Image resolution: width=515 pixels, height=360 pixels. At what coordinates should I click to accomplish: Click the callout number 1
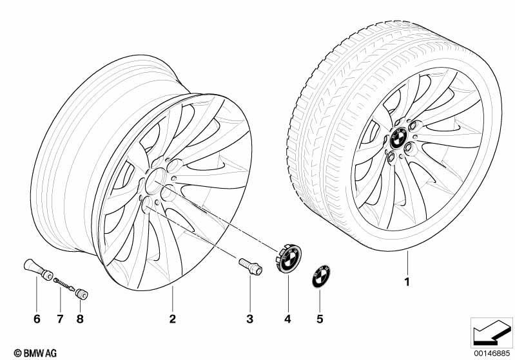[x=407, y=282]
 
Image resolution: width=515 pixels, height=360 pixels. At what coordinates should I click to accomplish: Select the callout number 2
[x=173, y=319]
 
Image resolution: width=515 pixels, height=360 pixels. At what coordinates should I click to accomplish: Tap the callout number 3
[x=250, y=319]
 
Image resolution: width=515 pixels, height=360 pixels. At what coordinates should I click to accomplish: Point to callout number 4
[x=287, y=319]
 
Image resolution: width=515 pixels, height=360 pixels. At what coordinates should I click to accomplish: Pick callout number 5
[x=320, y=319]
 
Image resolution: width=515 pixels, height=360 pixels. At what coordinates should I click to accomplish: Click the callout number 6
[x=37, y=319]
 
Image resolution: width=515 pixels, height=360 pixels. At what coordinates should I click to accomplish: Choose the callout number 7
[x=60, y=319]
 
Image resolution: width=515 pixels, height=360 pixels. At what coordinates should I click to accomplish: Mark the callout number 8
[x=80, y=319]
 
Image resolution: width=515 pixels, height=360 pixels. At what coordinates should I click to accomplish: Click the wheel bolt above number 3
[x=250, y=267]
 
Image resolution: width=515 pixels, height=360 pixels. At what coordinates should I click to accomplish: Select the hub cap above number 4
[x=288, y=258]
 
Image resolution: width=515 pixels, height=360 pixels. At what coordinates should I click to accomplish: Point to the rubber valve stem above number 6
[x=39, y=269]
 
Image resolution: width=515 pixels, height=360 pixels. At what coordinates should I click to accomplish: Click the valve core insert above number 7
[x=64, y=284]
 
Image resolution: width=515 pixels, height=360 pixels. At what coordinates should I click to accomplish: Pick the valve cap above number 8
[x=81, y=294]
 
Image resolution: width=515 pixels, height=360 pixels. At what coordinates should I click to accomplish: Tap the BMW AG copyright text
[x=35, y=353]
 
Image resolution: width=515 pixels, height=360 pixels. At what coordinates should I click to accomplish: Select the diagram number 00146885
[x=492, y=354]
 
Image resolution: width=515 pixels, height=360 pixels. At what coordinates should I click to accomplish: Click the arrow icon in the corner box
[x=491, y=333]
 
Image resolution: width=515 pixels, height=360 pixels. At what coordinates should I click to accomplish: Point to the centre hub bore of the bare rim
[x=155, y=181]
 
